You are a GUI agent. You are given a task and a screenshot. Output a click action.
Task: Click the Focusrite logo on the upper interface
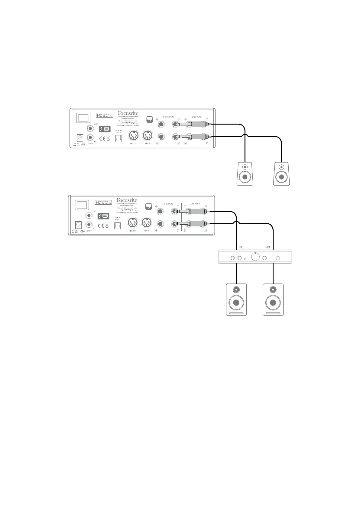pyautogui.click(x=128, y=113)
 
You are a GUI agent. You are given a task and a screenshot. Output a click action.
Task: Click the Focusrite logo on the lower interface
pyautogui.click(x=127, y=200)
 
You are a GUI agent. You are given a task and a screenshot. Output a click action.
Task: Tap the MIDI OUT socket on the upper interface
pyautogui.click(x=133, y=135)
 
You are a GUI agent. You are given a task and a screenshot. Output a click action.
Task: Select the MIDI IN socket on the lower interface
pyautogui.click(x=147, y=223)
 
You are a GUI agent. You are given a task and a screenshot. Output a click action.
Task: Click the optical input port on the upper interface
pyautogui.click(x=118, y=138)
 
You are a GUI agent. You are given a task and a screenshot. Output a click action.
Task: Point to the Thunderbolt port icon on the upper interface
pyautogui.click(x=105, y=129)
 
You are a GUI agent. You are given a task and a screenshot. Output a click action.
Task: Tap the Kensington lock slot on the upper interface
pyautogui.click(x=149, y=119)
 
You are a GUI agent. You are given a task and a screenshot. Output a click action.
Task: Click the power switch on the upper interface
pyautogui.click(x=83, y=118)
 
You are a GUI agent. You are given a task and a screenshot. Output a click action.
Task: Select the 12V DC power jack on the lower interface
pyautogui.click(x=79, y=225)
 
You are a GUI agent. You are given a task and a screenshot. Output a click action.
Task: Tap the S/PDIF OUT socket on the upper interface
pyautogui.click(x=90, y=129)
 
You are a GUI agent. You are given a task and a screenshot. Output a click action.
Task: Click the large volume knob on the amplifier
pyautogui.click(x=255, y=257)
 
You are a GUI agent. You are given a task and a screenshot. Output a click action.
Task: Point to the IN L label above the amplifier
pyautogui.click(x=241, y=247)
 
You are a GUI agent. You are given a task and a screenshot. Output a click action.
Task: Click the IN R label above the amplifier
pyautogui.click(x=268, y=247)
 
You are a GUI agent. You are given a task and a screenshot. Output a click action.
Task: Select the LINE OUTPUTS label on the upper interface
pyautogui.click(x=168, y=117)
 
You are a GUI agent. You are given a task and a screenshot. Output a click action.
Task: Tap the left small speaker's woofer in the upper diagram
pyautogui.click(x=245, y=177)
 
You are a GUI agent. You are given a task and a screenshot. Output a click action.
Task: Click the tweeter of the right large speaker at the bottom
pyautogui.click(x=273, y=289)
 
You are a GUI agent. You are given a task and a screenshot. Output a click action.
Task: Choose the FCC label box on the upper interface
pyautogui.click(x=104, y=115)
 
